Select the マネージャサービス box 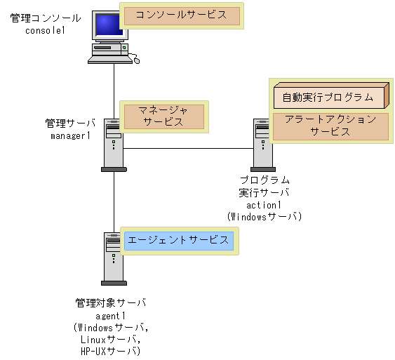[163, 116]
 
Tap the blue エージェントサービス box [178, 241]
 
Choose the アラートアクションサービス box [330, 126]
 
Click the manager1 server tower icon [114, 144]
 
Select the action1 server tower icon [262, 144]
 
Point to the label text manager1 [70, 135]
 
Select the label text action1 [264, 204]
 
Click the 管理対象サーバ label [110, 304]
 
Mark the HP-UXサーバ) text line [110, 351]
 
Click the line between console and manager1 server [114, 91]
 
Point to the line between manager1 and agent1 [114, 200]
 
